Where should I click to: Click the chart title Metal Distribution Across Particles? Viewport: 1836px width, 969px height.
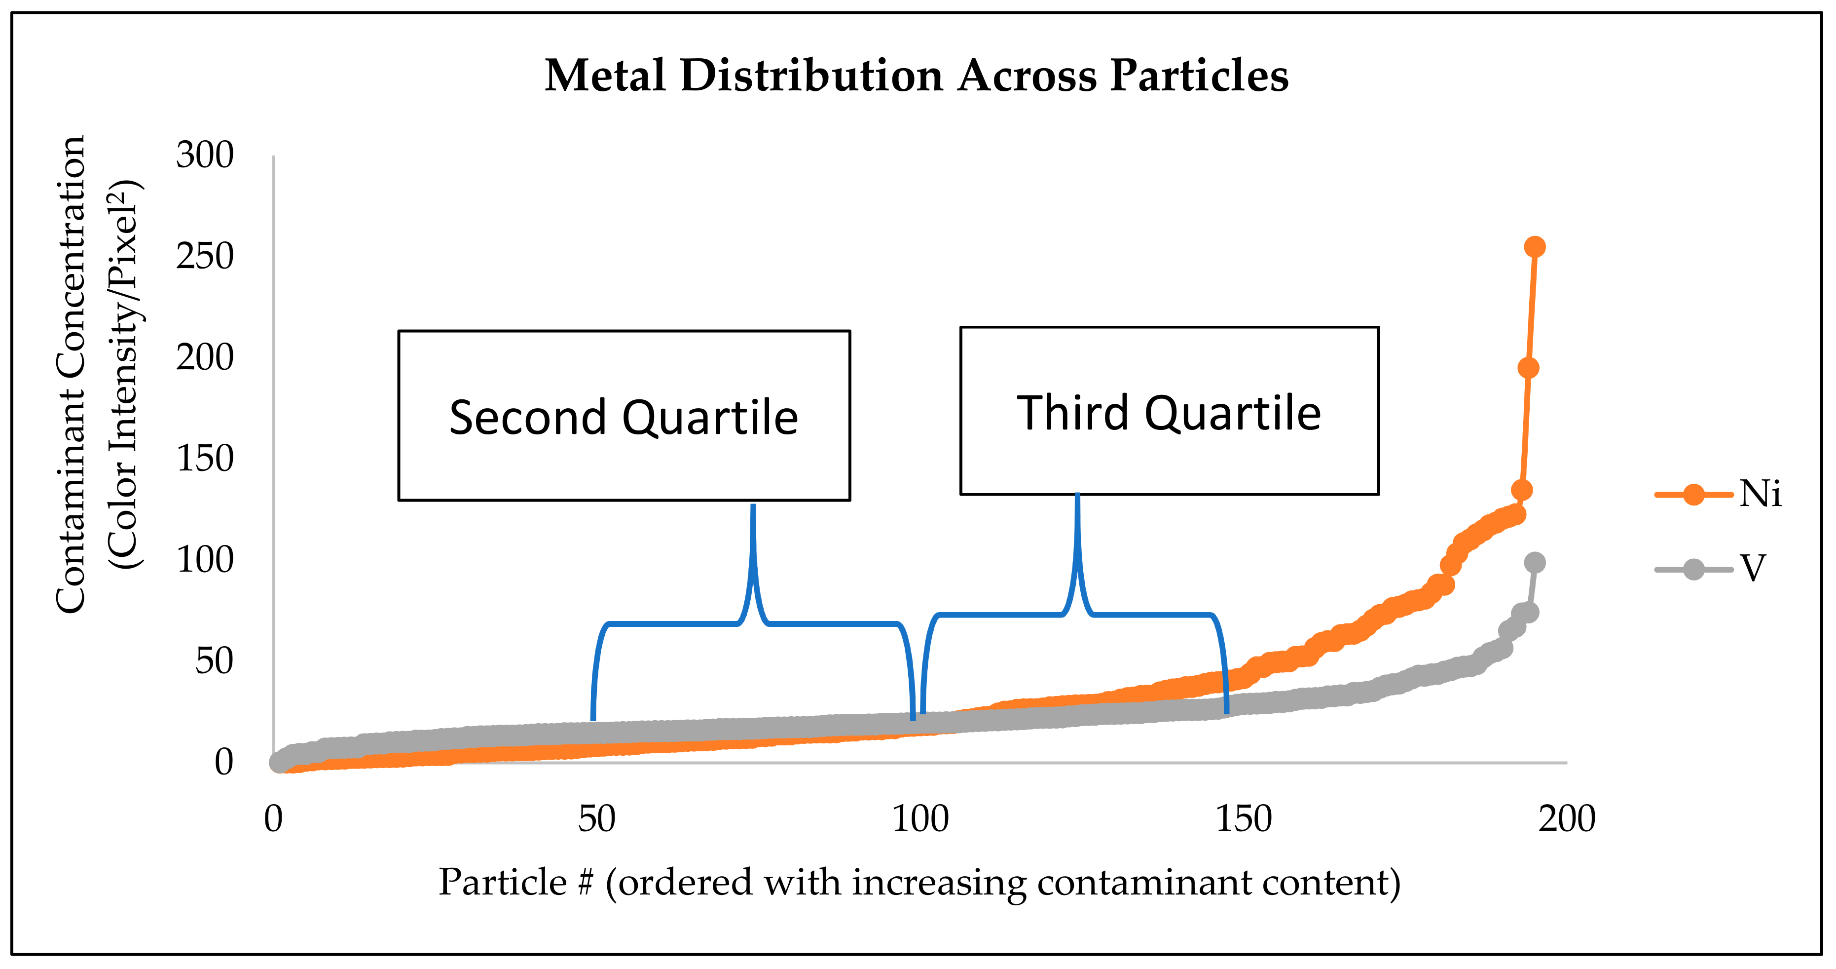tap(917, 76)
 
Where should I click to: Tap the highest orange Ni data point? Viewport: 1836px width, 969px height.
tap(1535, 247)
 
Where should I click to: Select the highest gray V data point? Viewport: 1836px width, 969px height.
tap(1535, 563)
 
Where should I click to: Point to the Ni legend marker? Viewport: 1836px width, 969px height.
tap(1693, 494)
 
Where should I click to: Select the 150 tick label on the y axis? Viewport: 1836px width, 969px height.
tap(205, 459)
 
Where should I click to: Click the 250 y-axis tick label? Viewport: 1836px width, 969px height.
tap(205, 256)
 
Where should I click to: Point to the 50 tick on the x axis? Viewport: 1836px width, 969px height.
tap(596, 818)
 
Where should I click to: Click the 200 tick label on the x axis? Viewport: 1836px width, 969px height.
tap(1567, 818)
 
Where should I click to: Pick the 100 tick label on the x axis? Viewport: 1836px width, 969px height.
tap(920, 818)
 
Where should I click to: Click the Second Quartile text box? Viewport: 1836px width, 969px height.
tap(624, 416)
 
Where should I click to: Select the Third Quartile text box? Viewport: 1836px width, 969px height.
tap(1169, 411)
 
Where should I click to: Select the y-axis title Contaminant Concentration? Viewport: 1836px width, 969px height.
tap(71, 374)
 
